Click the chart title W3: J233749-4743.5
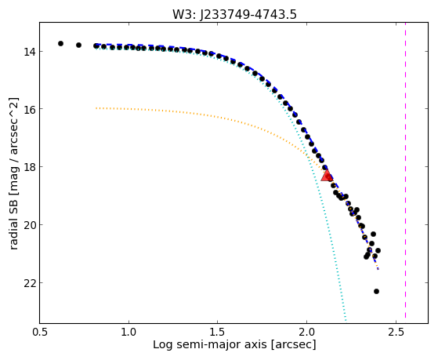coord(234,14)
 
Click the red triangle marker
coord(326,176)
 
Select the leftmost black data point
coord(60,43)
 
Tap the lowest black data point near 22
coord(376,291)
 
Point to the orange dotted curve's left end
coord(96,108)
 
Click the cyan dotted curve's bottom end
coord(346,321)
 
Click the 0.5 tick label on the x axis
coord(40,332)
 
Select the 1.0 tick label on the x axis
coord(129,332)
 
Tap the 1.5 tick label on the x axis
coord(218,332)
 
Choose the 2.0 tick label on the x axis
coord(306,332)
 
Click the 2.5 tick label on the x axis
coord(396,332)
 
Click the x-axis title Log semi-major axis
coord(209,344)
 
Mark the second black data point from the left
coord(79,45)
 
